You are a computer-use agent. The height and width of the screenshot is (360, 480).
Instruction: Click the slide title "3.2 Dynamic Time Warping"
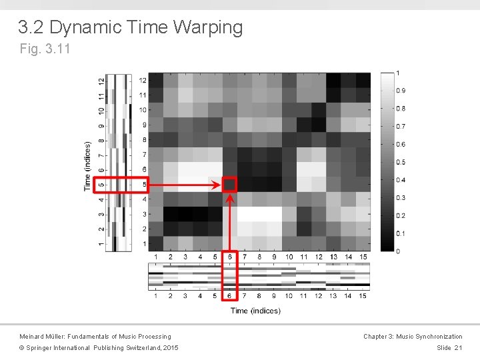click(131, 28)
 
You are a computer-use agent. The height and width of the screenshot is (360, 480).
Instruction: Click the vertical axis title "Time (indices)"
click(87, 165)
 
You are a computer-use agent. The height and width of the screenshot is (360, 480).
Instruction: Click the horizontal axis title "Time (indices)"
click(255, 310)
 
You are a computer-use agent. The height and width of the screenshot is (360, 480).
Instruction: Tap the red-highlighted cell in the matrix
click(229, 184)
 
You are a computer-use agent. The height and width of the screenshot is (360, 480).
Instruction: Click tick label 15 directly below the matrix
click(363, 257)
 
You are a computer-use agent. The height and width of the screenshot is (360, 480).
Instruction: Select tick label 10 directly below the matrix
click(289, 257)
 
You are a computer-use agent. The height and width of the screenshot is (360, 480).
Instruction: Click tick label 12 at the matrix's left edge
click(143, 80)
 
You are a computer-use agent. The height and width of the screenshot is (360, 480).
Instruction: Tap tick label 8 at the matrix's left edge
click(143, 139)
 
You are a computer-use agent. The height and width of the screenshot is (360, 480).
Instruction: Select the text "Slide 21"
click(449, 348)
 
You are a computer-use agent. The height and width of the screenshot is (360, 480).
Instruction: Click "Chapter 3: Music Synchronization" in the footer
click(413, 337)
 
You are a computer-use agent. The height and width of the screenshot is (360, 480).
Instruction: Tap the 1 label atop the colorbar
click(398, 73)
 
